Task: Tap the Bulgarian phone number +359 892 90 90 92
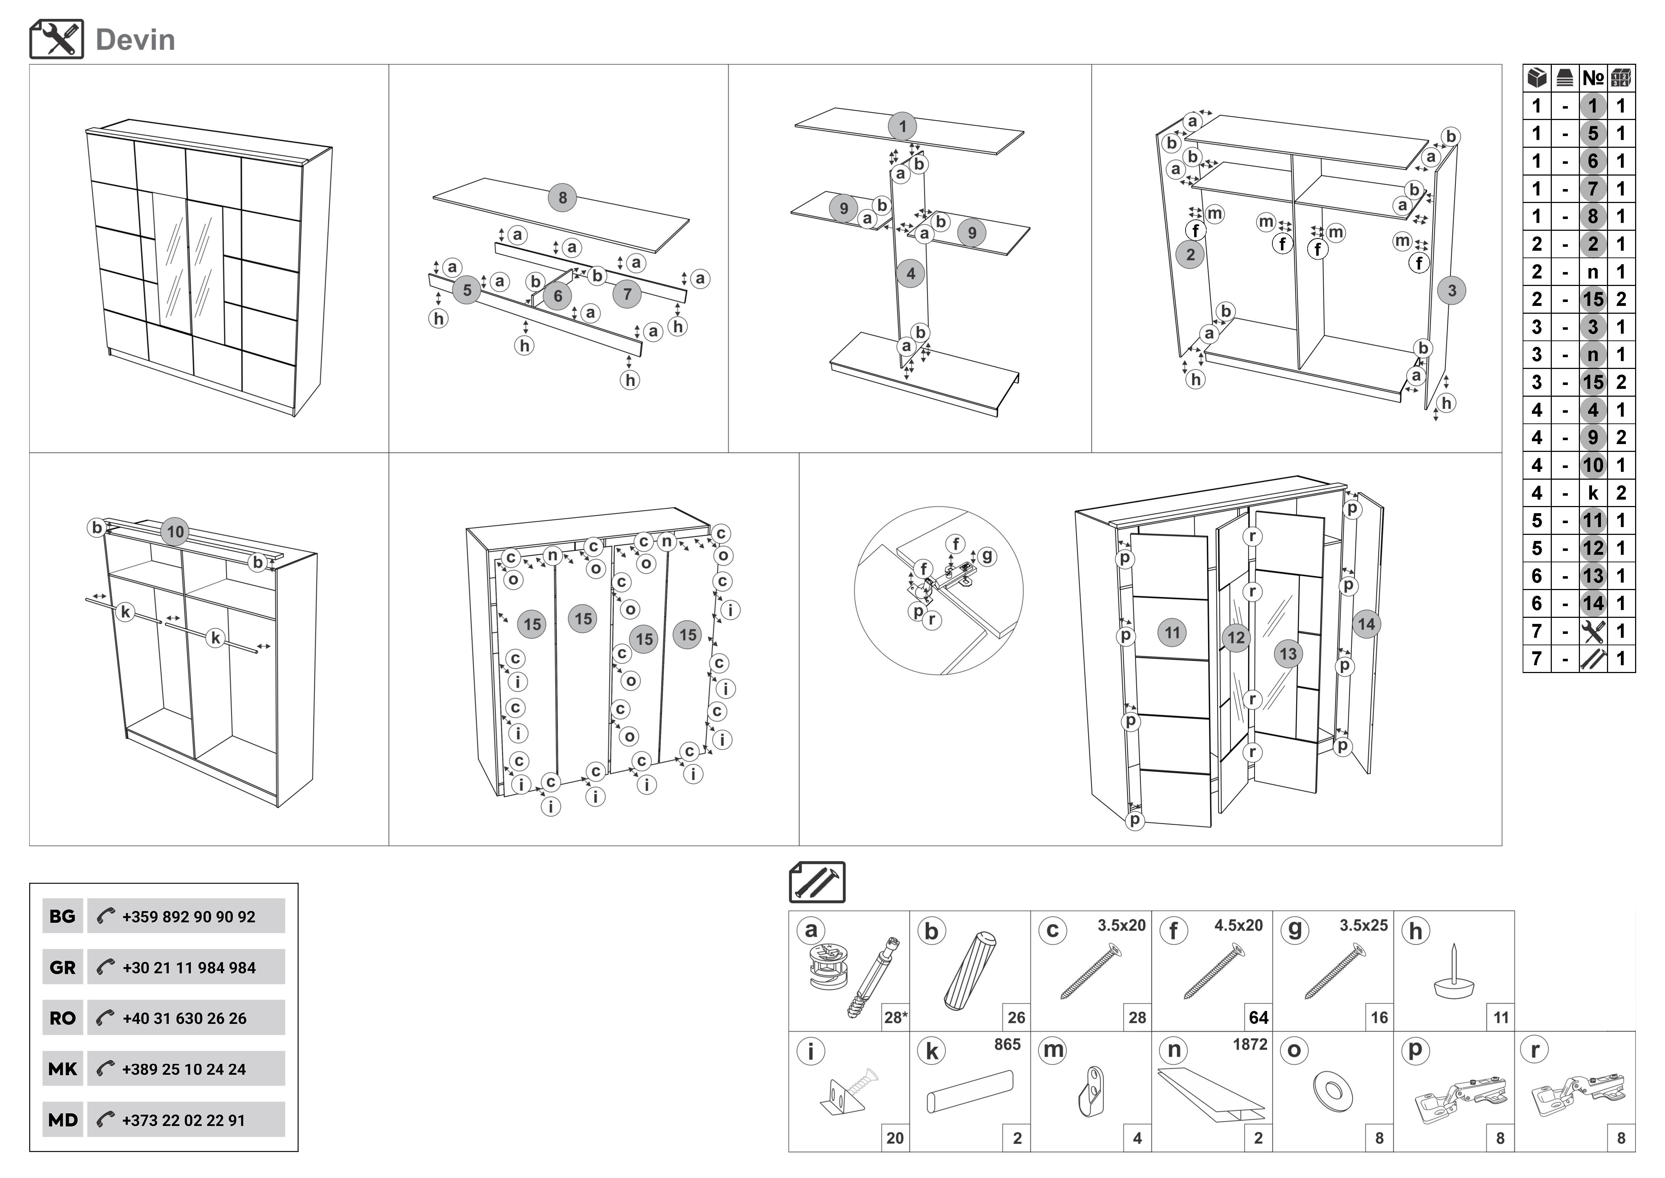189,917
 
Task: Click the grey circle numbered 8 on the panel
562,197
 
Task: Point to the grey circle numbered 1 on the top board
902,126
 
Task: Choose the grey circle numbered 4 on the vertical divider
911,273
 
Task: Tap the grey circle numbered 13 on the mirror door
1288,653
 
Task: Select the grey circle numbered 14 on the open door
1366,624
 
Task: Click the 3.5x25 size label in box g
1363,926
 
